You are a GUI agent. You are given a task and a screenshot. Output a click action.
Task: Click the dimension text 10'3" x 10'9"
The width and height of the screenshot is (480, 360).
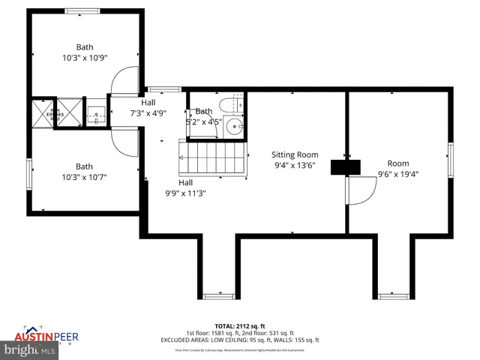84,57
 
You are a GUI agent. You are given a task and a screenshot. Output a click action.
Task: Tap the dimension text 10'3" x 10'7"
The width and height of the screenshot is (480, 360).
84,177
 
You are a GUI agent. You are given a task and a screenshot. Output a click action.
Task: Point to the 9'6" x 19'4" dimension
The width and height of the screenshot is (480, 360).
397,174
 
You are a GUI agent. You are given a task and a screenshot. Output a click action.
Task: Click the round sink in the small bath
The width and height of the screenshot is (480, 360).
235,126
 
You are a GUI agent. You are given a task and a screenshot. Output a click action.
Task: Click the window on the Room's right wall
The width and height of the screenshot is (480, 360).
451,159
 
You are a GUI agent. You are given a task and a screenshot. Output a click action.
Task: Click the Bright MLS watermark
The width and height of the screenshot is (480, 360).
30,349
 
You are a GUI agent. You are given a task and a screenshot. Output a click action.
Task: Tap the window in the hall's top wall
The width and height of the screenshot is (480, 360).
157,89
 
